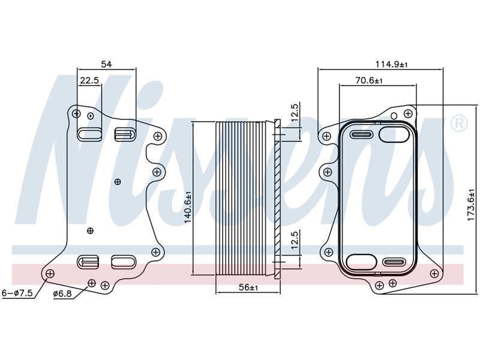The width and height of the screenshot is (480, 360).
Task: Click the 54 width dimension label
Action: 107,64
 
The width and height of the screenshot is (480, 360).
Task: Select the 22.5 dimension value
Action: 89,80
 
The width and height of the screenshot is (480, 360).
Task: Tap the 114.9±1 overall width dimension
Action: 392,64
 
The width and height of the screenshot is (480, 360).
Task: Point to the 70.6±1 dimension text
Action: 369,80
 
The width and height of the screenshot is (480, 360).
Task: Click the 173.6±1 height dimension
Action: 471,205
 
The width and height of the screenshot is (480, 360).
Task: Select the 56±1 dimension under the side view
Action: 248,287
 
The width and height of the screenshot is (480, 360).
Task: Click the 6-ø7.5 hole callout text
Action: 17,293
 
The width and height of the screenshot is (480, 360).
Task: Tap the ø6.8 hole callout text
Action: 62,293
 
